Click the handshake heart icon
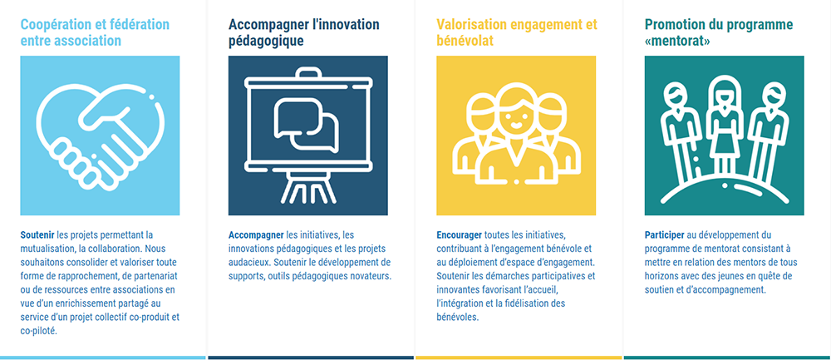[x=100, y=136]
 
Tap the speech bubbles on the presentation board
[x=307, y=124]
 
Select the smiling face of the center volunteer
[x=514, y=118]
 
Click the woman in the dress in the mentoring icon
[x=724, y=127]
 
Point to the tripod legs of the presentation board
[x=308, y=189]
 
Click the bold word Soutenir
[x=37, y=235]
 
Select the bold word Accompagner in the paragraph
[x=256, y=235]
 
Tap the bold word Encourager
[x=459, y=235]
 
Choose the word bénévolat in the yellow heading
[x=465, y=41]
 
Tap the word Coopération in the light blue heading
[x=55, y=25]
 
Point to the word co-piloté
[x=38, y=332]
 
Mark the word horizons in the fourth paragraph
[x=662, y=276]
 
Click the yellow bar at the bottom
[x=519, y=358]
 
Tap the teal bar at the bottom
[x=727, y=358]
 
